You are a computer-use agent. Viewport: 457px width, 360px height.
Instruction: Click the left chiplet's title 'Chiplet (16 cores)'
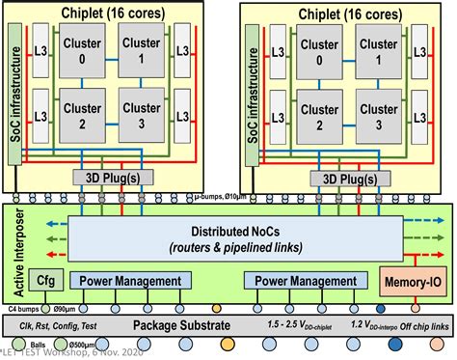[x=113, y=14]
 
